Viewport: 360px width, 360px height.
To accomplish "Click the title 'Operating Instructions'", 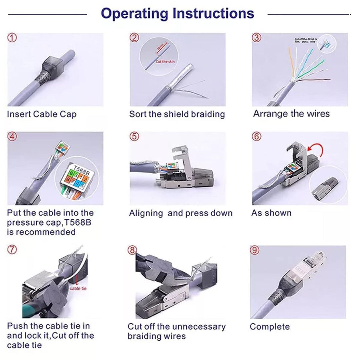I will pyautogui.click(x=177, y=14).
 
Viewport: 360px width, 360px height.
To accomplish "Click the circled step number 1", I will pyautogui.click(x=12, y=38).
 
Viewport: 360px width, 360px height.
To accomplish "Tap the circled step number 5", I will pyautogui.click(x=134, y=136).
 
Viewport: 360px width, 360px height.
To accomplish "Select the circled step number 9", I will pyautogui.click(x=255, y=250).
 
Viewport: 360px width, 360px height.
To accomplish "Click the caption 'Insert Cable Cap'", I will pyautogui.click(x=42, y=114).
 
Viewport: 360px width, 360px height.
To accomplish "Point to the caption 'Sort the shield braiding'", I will pyautogui.click(x=177, y=114).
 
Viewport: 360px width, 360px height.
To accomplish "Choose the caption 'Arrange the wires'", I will pyautogui.click(x=291, y=114).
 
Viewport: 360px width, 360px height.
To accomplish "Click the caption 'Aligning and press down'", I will pyautogui.click(x=181, y=213).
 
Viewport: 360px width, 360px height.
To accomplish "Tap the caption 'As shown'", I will pyautogui.click(x=271, y=213).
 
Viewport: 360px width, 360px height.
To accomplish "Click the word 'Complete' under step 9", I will pyautogui.click(x=270, y=327).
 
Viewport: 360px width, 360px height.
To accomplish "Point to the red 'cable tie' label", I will pyautogui.click(x=78, y=288).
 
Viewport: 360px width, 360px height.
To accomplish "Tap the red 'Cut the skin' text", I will pyautogui.click(x=165, y=62).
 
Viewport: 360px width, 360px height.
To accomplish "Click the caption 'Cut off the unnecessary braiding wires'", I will pyautogui.click(x=176, y=331).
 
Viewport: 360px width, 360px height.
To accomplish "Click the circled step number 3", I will pyautogui.click(x=256, y=38).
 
